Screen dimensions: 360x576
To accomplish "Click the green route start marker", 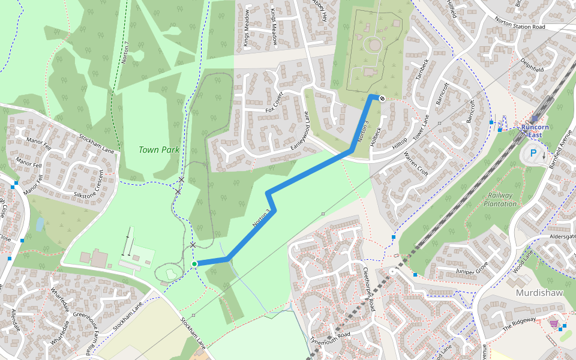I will coord(194,264).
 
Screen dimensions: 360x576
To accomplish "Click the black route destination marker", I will coord(382,98).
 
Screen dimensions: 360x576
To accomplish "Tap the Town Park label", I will coord(159,150).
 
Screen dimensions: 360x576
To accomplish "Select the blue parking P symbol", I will coord(533,153).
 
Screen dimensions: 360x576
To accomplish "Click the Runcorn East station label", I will coord(535,131).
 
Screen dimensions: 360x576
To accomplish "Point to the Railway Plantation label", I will coord(500,199).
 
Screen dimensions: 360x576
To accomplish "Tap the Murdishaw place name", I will coord(539,293).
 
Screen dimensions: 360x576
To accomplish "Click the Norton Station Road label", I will coord(520,26).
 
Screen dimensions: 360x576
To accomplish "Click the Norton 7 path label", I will coord(125,53).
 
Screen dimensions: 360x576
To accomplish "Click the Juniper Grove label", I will coord(473,266).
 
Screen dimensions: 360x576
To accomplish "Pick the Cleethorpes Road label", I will coord(371,289).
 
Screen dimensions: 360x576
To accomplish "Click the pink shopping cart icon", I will coord(553,323).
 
